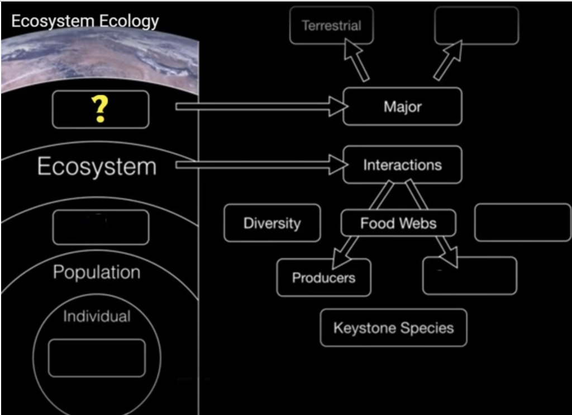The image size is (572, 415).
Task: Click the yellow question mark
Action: [x=99, y=110]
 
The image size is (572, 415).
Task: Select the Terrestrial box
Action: [x=331, y=25]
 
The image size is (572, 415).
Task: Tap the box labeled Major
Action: [x=402, y=106]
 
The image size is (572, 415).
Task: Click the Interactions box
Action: [x=402, y=165]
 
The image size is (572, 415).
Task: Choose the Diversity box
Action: [x=272, y=223]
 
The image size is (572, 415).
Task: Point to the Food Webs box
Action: [x=398, y=224]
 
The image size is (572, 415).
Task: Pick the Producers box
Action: [x=323, y=277]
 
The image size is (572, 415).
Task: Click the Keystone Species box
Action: [x=393, y=328]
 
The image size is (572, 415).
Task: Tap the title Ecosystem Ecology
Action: [x=85, y=21]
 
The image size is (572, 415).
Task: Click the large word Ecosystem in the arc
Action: [x=97, y=167]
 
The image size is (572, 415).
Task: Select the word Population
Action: [x=97, y=272]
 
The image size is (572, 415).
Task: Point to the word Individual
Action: [x=97, y=317]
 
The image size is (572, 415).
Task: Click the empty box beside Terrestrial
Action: [x=476, y=25]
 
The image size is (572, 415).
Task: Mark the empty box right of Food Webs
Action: [x=522, y=223]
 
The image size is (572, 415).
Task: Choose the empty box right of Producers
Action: [x=470, y=276]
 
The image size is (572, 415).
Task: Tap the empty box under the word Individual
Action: [x=97, y=358]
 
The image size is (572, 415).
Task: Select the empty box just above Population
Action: [x=101, y=227]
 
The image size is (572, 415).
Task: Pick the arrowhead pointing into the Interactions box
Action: [x=339, y=165]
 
